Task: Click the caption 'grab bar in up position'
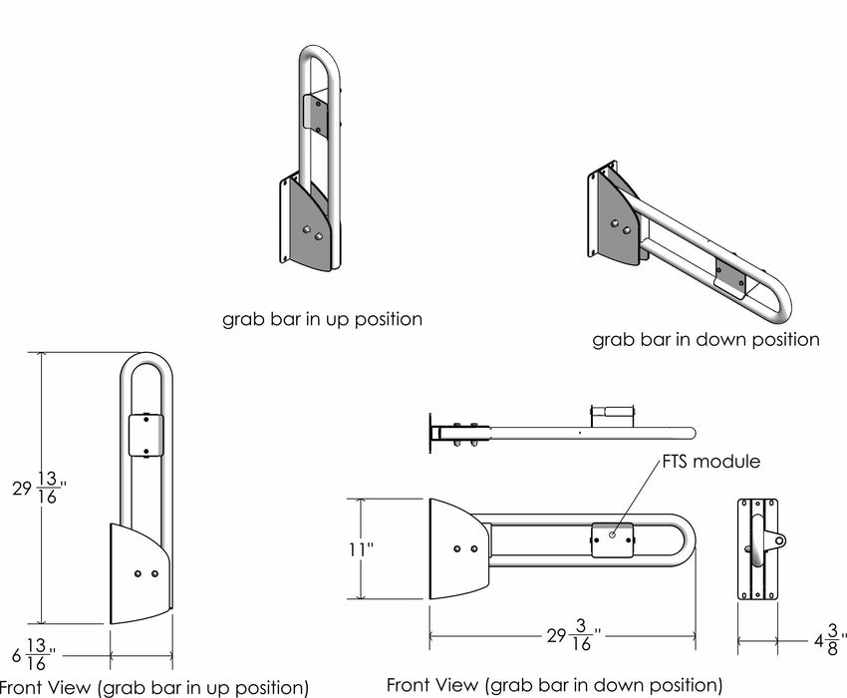tap(322, 320)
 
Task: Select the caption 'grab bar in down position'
tap(706, 339)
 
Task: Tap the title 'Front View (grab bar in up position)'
tap(154, 687)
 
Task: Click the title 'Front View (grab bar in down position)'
tap(554, 685)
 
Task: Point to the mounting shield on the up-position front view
tap(140, 573)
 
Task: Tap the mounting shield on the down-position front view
tap(457, 548)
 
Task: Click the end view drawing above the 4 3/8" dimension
tap(756, 548)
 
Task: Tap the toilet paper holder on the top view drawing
tap(612, 411)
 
